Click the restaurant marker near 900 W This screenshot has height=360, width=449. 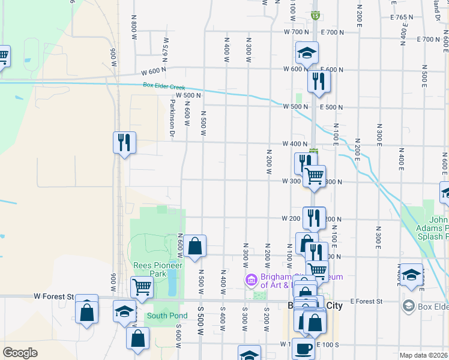pyautogui.click(x=124, y=143)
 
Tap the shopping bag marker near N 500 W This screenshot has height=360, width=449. pyautogui.click(x=194, y=246)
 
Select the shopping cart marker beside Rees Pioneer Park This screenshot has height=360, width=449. pyautogui.click(x=142, y=287)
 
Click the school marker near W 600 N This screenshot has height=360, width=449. pyautogui.click(x=307, y=53)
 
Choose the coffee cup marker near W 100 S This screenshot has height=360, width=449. pyautogui.click(x=303, y=347)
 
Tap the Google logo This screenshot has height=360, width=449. pyautogui.click(x=20, y=353)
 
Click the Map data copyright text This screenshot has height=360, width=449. pyautogui.click(x=423, y=355)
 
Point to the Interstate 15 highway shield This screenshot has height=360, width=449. pyautogui.click(x=315, y=16)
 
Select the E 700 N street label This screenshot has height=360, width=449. pyautogui.click(x=430, y=40)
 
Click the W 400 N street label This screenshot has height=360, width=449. pyautogui.click(x=295, y=144)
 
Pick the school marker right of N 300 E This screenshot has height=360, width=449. pyautogui.click(x=411, y=274)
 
